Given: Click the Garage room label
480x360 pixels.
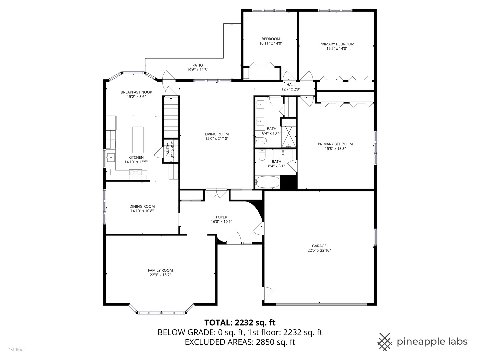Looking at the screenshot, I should [x=319, y=246].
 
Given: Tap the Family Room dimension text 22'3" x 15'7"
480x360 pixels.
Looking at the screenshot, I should [x=160, y=275].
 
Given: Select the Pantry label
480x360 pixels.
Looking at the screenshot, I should [x=168, y=150].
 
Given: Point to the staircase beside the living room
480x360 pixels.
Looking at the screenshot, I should [x=171, y=117].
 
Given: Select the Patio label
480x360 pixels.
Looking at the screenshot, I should [x=197, y=65].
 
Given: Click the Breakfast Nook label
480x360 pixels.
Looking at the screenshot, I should [x=136, y=92].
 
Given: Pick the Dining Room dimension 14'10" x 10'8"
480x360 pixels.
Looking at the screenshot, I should [x=142, y=211].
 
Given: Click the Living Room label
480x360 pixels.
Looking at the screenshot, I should [x=217, y=134].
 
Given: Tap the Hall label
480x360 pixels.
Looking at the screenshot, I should [x=291, y=85].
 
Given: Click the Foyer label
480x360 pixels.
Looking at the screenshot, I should [x=221, y=217].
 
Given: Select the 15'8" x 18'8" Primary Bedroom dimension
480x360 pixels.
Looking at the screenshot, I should [x=335, y=149].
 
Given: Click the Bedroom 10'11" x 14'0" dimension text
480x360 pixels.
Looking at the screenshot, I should [x=271, y=43].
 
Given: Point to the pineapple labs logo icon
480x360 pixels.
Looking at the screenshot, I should [x=384, y=342].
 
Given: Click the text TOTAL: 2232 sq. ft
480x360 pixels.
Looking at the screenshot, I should [x=240, y=322].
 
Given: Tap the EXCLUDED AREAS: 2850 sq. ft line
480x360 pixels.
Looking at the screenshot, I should [x=240, y=342].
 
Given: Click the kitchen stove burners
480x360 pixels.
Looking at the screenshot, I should [x=138, y=172].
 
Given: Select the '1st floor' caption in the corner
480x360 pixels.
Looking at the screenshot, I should [x=17, y=350].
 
